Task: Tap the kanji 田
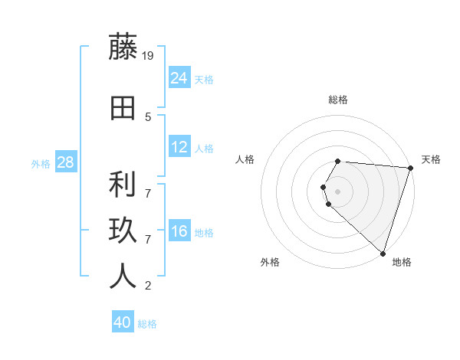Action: click(x=123, y=107)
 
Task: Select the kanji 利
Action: click(x=123, y=185)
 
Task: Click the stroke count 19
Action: click(x=149, y=55)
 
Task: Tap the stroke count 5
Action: click(x=148, y=117)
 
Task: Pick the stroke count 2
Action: click(x=148, y=286)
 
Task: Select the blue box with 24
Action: click(x=179, y=78)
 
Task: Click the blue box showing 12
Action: click(x=179, y=148)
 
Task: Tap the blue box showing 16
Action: click(x=179, y=232)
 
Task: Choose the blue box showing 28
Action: click(x=65, y=162)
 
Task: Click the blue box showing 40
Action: click(x=123, y=322)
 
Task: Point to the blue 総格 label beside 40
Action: click(x=147, y=324)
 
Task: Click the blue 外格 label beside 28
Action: click(x=41, y=163)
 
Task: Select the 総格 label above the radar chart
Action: click(x=337, y=100)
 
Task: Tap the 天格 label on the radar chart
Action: click(x=431, y=159)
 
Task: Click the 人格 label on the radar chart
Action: click(x=245, y=159)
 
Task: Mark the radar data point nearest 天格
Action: click(x=410, y=168)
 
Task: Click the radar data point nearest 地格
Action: click(x=383, y=254)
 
